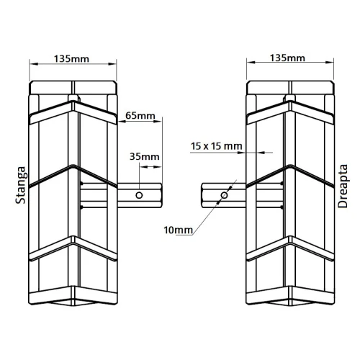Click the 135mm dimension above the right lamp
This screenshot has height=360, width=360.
click(x=290, y=58)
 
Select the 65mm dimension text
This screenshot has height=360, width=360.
click(x=140, y=114)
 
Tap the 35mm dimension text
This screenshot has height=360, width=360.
click(x=145, y=156)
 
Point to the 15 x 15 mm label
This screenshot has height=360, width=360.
click(x=217, y=146)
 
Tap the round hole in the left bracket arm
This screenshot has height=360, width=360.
click(x=140, y=194)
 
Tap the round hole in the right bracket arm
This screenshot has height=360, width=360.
click(x=224, y=194)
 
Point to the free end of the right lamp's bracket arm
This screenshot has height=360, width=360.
click(x=202, y=194)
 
